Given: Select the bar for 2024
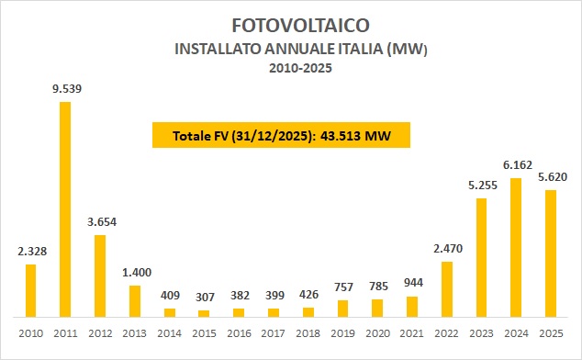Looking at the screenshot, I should click(x=516, y=248).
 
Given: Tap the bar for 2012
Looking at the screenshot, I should click(x=100, y=276).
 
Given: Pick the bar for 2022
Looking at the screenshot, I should click(x=447, y=289).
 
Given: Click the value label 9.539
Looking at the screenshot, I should click(x=65, y=88).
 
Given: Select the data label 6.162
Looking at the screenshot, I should click(x=516, y=164).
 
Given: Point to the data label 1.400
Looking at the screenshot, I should click(x=135, y=273).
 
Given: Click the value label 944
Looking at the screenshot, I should click(x=412, y=283).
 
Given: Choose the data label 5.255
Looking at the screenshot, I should click(x=481, y=185).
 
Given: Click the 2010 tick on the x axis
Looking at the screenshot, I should click(x=30, y=332).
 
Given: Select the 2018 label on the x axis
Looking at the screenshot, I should click(x=308, y=332).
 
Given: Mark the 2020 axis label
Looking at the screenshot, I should click(x=377, y=332).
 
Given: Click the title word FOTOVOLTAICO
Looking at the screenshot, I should click(x=290, y=22).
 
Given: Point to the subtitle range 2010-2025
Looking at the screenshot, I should click(x=290, y=67).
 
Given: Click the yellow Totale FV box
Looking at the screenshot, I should click(x=279, y=136).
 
